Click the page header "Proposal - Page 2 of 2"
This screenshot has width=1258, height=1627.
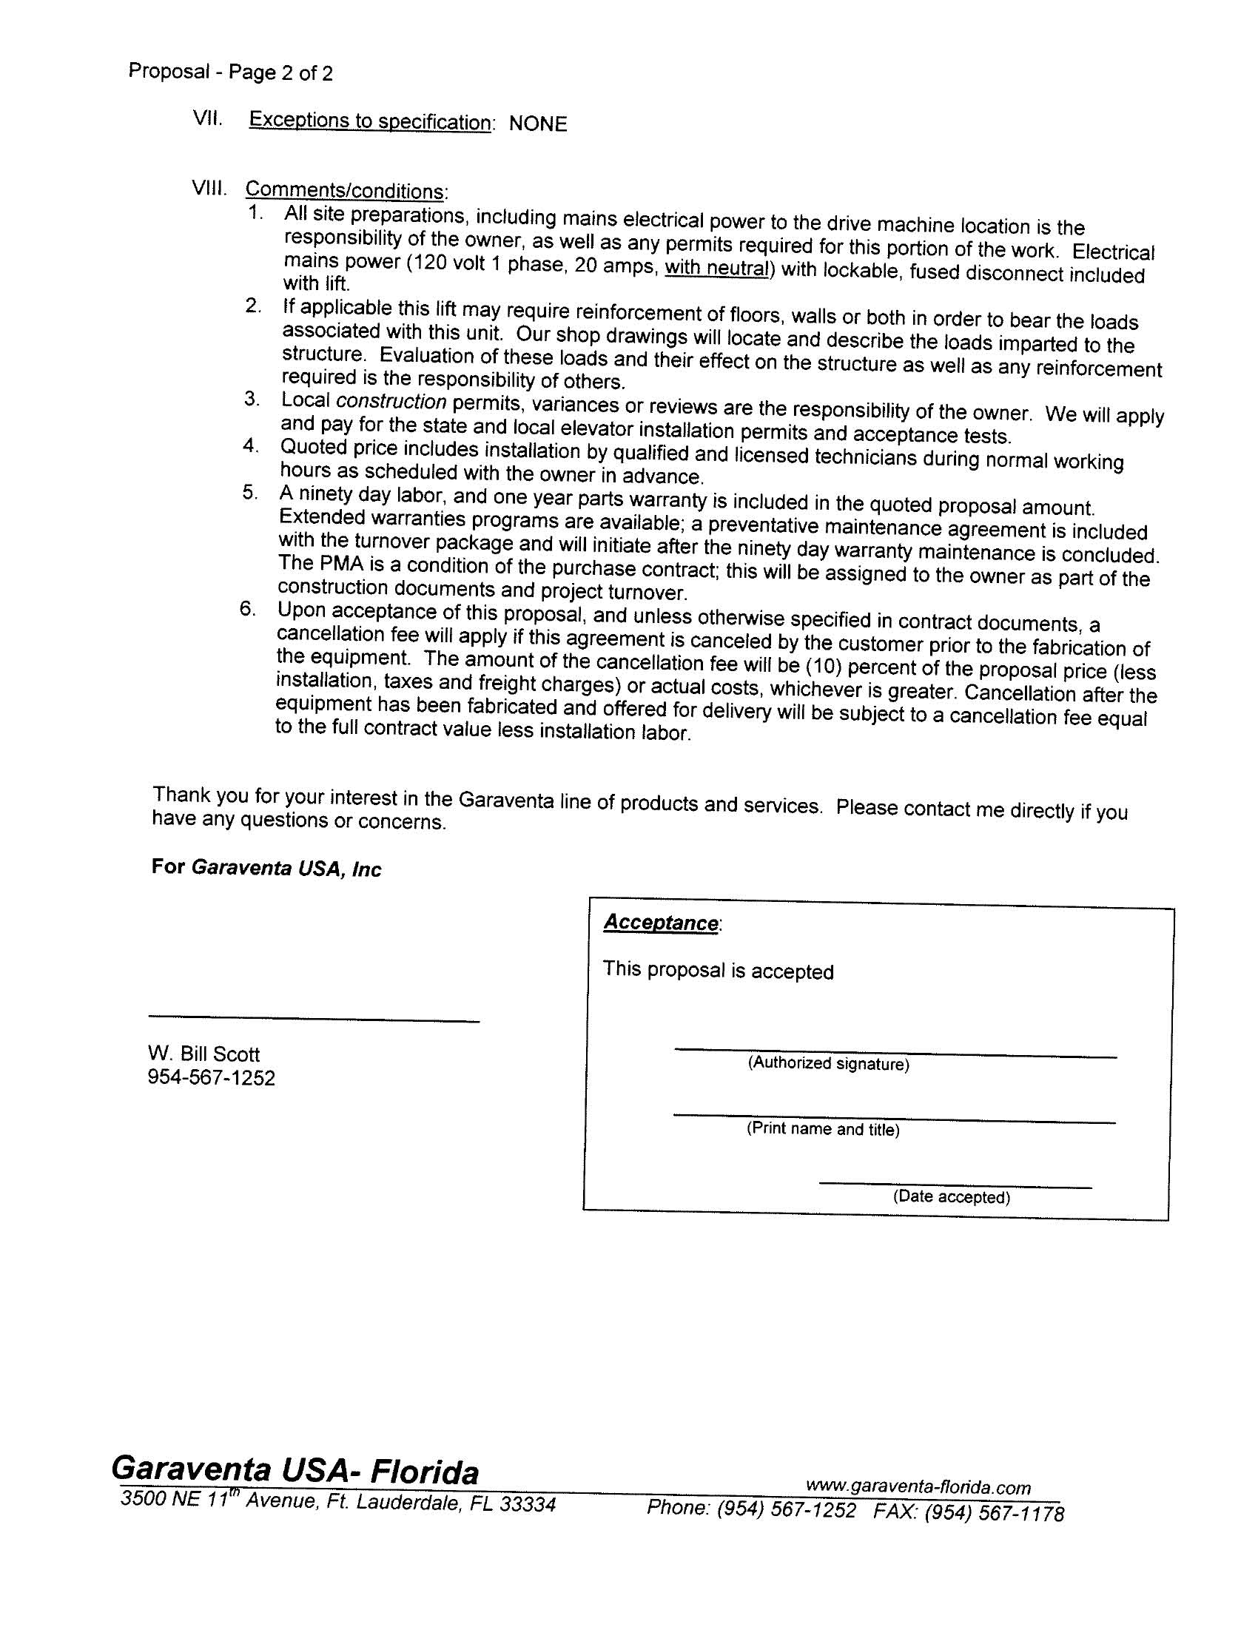230,73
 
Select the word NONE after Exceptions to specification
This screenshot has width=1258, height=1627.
537,124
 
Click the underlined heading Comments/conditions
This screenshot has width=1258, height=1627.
346,191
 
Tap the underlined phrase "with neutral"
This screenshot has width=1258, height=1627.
716,268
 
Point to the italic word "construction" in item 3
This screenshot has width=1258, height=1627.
391,402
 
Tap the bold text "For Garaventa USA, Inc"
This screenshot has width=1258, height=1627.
266,868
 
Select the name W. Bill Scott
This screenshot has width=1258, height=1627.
203,1054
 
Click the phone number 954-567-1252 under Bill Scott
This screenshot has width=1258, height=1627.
211,1078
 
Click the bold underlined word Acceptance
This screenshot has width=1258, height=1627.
660,923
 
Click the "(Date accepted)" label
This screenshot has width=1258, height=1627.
951,1196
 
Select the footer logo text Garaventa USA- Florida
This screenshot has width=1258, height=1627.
295,1471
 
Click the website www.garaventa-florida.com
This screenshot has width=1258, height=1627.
918,1487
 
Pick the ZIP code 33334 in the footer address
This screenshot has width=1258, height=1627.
527,1504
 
